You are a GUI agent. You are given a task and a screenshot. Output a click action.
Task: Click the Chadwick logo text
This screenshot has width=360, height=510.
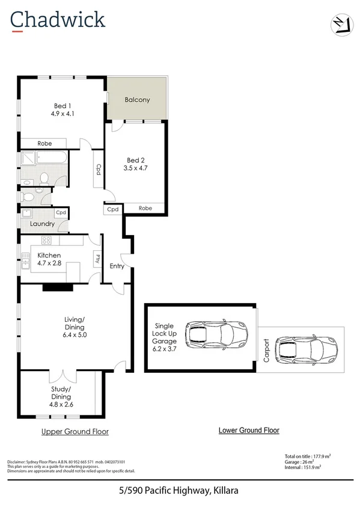(x=58, y=20)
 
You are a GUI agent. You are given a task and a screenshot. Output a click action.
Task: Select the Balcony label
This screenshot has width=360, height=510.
(x=137, y=100)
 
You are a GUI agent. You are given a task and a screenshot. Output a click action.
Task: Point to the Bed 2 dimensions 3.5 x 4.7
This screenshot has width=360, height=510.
(x=136, y=168)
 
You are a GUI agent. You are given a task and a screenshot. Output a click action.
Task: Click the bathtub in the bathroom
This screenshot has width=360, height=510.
(x=52, y=158)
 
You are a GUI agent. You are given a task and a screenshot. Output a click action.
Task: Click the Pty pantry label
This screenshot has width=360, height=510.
(x=96, y=259)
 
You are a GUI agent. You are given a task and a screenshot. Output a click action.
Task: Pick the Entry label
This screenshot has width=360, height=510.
(x=117, y=266)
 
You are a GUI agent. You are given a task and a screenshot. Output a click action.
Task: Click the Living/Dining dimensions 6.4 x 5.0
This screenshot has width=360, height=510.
(x=75, y=335)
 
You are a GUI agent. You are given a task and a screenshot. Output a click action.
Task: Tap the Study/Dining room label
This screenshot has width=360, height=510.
(x=61, y=393)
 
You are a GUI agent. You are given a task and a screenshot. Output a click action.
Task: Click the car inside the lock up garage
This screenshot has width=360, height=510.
(x=216, y=333)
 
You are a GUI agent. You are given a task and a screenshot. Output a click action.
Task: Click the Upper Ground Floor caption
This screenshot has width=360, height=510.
(x=75, y=432)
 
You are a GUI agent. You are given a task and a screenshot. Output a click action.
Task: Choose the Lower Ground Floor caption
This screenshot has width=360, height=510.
(x=248, y=430)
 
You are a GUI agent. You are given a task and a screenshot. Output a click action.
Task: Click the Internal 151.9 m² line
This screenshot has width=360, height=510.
(x=302, y=467)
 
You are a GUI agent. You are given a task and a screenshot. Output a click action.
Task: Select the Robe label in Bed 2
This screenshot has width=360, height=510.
(x=145, y=208)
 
